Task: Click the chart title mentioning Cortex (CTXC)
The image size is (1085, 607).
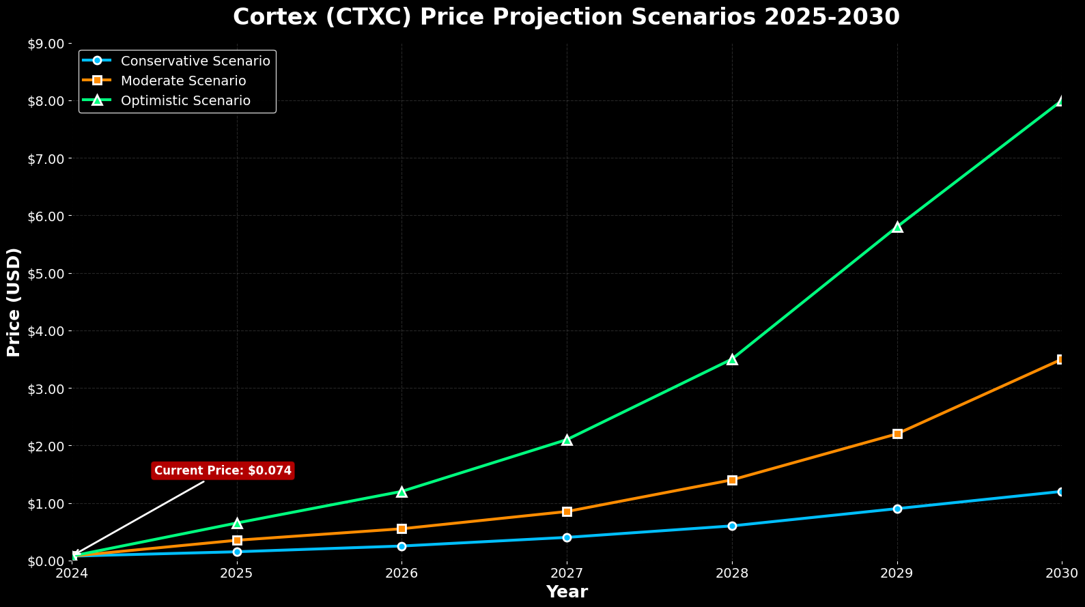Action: pyautogui.click(x=566, y=17)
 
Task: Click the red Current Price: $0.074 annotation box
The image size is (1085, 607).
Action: pyautogui.click(x=223, y=470)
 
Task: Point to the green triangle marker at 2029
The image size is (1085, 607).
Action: pyautogui.click(x=897, y=227)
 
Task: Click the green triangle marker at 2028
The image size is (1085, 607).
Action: pyautogui.click(x=732, y=359)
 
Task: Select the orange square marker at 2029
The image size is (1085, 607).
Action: pyautogui.click(x=897, y=434)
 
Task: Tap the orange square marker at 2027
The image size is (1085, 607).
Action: pyautogui.click(x=567, y=511)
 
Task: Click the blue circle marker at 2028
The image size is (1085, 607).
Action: pyautogui.click(x=732, y=526)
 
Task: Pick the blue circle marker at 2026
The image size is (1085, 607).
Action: pyautogui.click(x=401, y=546)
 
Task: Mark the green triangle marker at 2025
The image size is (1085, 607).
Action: pyautogui.click(x=237, y=523)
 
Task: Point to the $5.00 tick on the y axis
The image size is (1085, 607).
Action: pyautogui.click(x=46, y=273)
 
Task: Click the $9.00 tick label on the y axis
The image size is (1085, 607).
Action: pyautogui.click(x=46, y=44)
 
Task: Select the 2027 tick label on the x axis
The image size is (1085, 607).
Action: pyautogui.click(x=567, y=572)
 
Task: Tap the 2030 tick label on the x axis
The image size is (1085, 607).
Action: pyautogui.click(x=1062, y=572)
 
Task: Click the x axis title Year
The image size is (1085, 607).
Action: pyautogui.click(x=567, y=592)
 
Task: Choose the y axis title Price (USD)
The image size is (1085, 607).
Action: pyautogui.click(x=14, y=302)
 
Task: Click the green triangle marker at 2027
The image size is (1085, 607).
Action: pyautogui.click(x=567, y=440)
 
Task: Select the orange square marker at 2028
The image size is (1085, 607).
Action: pyautogui.click(x=732, y=480)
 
